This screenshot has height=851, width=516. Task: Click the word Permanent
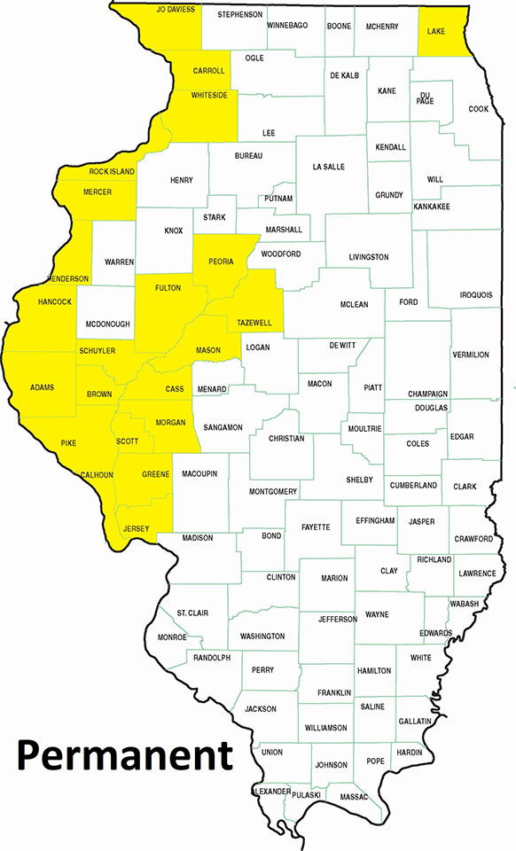tap(124, 755)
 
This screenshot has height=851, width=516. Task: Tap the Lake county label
tap(436, 31)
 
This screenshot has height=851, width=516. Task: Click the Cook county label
tap(479, 109)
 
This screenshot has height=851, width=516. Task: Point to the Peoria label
tap(220, 262)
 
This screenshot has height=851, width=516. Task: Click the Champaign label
tap(428, 394)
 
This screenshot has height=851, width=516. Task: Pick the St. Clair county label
tap(192, 613)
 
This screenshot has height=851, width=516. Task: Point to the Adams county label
tap(42, 387)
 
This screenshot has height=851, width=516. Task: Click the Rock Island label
tap(112, 171)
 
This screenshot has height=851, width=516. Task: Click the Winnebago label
tap(287, 26)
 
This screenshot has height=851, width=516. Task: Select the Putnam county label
tap(278, 199)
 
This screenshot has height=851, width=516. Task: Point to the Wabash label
tap(464, 604)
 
